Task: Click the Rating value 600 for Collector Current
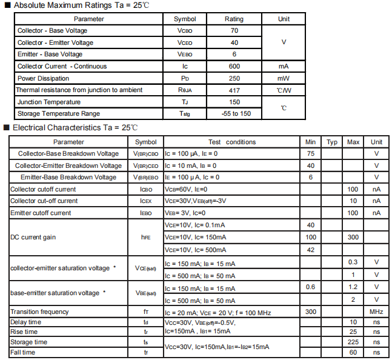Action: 234,66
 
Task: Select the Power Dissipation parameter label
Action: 44,78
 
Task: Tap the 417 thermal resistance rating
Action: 234,90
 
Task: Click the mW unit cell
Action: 284,78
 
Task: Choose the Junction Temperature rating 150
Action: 234,102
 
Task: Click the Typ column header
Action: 332,142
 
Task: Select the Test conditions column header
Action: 231,142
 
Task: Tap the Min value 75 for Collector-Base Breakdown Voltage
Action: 311,153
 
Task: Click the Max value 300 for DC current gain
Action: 353,237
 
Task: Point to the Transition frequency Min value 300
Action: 311,312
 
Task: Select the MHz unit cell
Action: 376,312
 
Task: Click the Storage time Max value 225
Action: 353,342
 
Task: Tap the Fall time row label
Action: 23,352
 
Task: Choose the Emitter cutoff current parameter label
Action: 41,213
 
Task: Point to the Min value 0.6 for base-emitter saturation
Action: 311,287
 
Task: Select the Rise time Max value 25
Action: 353,332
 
